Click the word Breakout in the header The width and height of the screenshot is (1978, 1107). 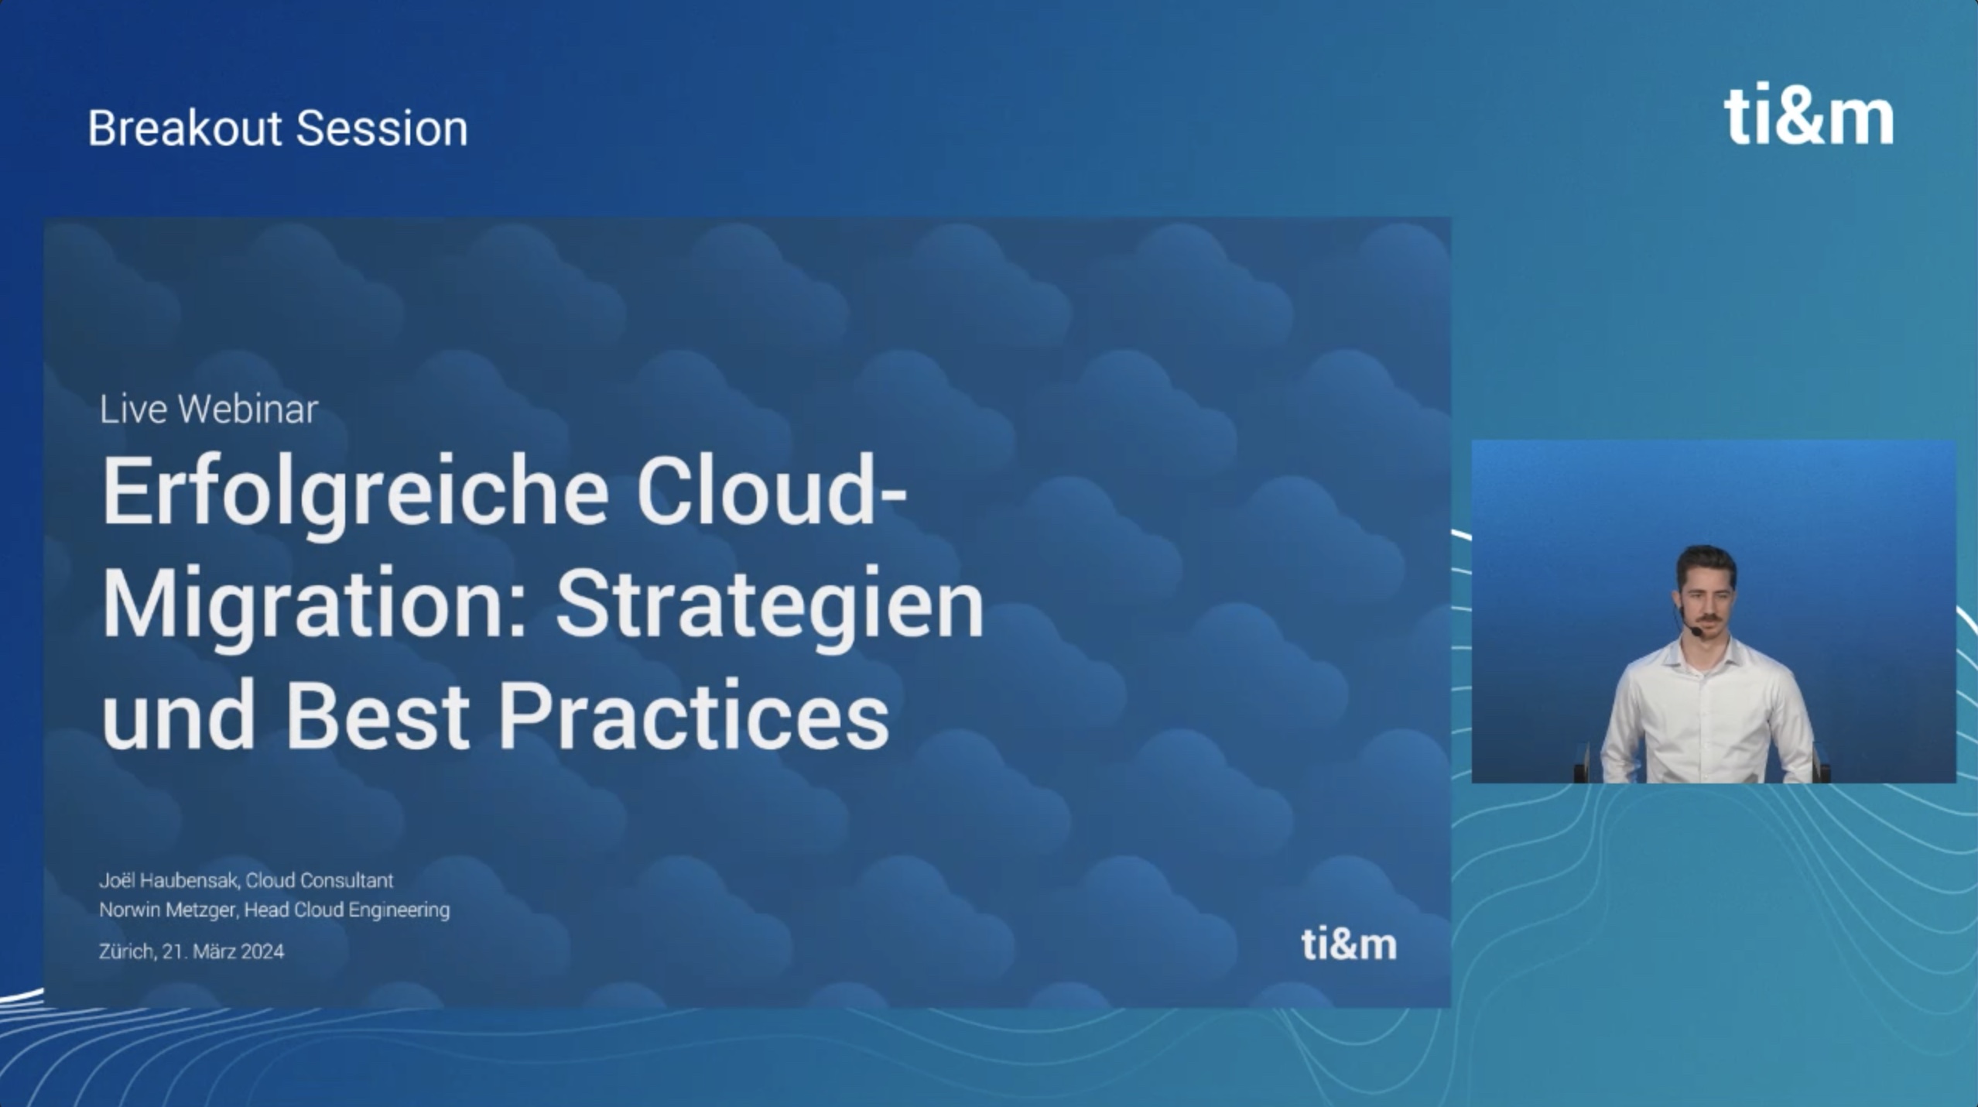pyautogui.click(x=184, y=128)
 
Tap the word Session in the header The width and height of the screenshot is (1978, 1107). pyautogui.click(x=382, y=128)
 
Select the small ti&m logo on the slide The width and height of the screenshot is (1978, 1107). pyautogui.click(x=1349, y=944)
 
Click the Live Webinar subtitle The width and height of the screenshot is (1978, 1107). pyautogui.click(x=209, y=409)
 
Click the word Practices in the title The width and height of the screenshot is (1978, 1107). pyautogui.click(x=694, y=712)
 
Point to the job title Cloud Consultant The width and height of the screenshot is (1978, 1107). pyautogui.click(x=320, y=880)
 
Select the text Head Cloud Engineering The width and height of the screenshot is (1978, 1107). pyautogui.click(x=347, y=910)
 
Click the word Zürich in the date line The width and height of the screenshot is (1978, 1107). pyautogui.click(x=127, y=951)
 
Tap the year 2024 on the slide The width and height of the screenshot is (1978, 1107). pyautogui.click(x=262, y=951)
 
